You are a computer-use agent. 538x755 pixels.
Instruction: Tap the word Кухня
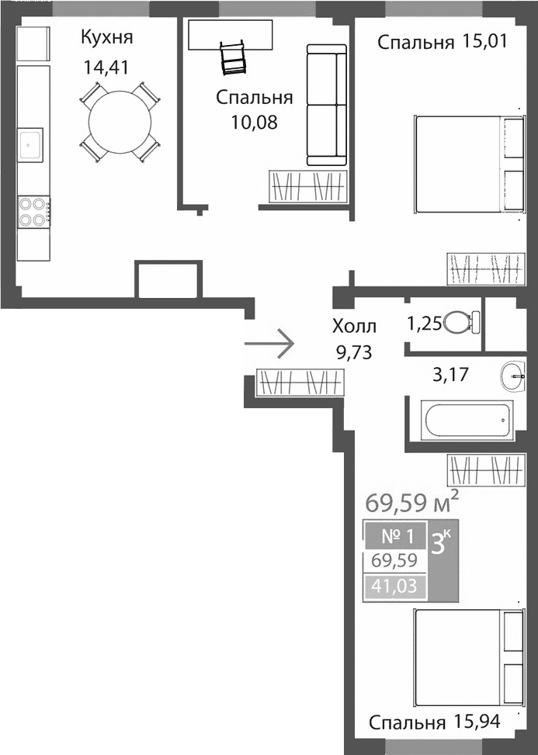[107, 37]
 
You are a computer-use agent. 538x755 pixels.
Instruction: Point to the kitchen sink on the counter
[32, 144]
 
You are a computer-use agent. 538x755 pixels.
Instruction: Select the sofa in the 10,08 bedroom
[326, 105]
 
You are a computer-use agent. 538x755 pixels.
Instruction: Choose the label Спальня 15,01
[442, 42]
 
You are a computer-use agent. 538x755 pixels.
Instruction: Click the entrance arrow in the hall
[269, 342]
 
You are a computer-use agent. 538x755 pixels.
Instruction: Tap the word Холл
[353, 326]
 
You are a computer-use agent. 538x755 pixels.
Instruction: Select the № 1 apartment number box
[395, 534]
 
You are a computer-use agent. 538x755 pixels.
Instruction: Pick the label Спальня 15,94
[433, 723]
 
